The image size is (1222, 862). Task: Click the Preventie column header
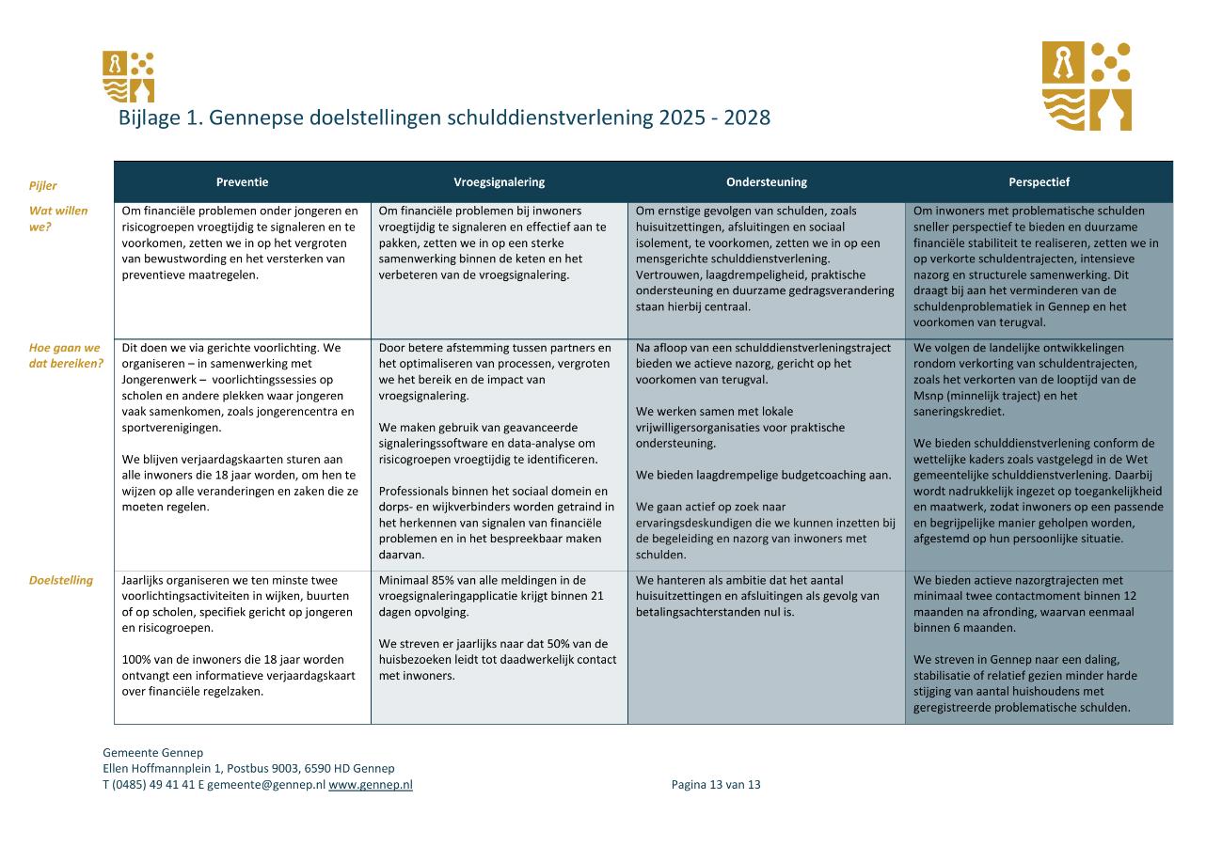point(242,182)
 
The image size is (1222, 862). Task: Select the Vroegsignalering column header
point(499,182)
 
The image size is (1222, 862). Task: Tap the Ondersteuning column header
point(766,182)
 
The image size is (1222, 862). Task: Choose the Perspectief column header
point(1039,182)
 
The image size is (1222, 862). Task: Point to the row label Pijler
point(43,186)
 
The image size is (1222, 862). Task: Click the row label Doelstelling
point(61,580)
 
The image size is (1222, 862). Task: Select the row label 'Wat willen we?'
point(57,218)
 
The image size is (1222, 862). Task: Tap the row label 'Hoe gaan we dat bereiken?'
point(65,355)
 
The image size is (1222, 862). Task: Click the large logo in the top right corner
point(1087,86)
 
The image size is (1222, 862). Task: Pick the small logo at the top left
point(128,77)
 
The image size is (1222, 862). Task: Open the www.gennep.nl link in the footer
point(371,784)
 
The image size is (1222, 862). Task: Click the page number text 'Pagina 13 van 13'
point(716,784)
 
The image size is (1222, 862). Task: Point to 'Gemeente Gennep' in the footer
point(152,752)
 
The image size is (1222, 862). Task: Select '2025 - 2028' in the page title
point(714,118)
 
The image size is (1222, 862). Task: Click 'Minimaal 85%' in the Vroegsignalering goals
point(416,580)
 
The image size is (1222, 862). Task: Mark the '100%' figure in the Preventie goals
point(136,659)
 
